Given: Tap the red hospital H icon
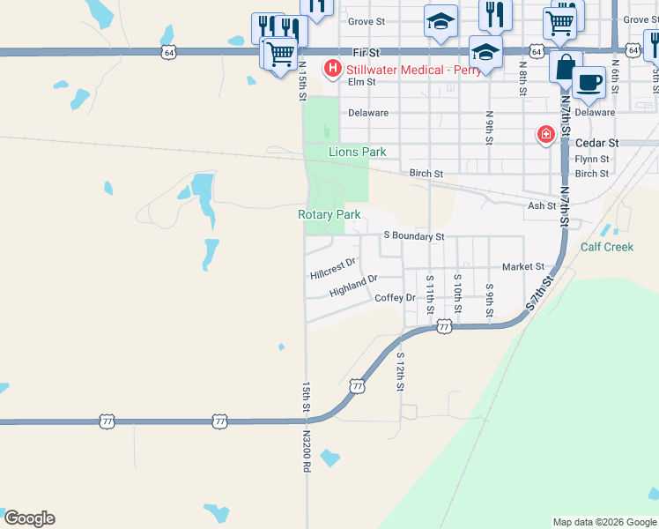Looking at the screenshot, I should pos(333,68).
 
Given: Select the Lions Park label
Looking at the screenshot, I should pos(358,152).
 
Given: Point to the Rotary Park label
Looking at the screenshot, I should pos(329,214).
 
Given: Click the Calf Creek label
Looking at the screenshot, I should pos(607,247).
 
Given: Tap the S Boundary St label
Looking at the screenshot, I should pos(414,236).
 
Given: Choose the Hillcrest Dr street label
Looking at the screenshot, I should pos(333,268).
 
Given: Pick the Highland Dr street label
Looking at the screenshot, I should pos(353,286).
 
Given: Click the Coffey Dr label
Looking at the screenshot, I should pos(395,298).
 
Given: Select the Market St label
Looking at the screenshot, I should pos(523,266).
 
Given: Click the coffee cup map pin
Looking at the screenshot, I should pos(588,83).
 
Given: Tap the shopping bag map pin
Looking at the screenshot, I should pos(565,66).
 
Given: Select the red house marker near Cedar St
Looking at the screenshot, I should pos(546,134).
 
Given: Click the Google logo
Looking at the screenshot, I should pos(28,518).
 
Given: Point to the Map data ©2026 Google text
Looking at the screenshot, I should pos(603,522).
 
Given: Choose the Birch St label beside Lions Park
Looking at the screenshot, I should pos(426,174).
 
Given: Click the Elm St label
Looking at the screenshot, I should pos(362,82).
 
